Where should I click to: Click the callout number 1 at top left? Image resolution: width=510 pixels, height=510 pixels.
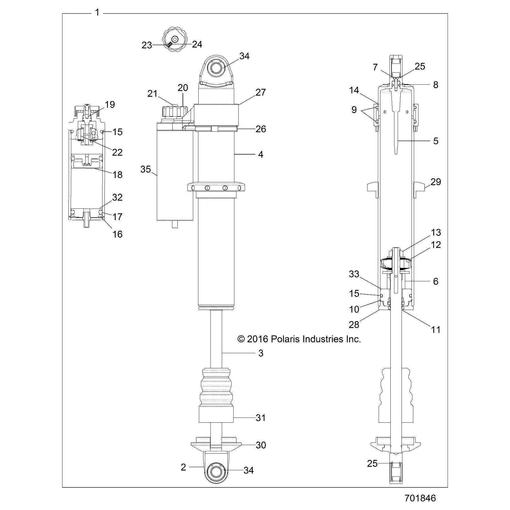(97, 13)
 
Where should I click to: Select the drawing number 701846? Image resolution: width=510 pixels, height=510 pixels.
(420, 498)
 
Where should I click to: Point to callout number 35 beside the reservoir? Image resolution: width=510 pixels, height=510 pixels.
(146, 169)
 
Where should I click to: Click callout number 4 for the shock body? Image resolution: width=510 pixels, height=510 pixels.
(260, 155)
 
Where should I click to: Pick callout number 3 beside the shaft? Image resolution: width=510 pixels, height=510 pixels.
(260, 353)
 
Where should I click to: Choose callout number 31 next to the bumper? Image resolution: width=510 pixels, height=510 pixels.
(261, 418)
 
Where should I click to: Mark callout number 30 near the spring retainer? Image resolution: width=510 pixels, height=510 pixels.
(261, 445)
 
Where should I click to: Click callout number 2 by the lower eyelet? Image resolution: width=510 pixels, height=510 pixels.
(183, 467)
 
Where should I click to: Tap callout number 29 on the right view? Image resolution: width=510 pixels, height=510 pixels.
(436, 182)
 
